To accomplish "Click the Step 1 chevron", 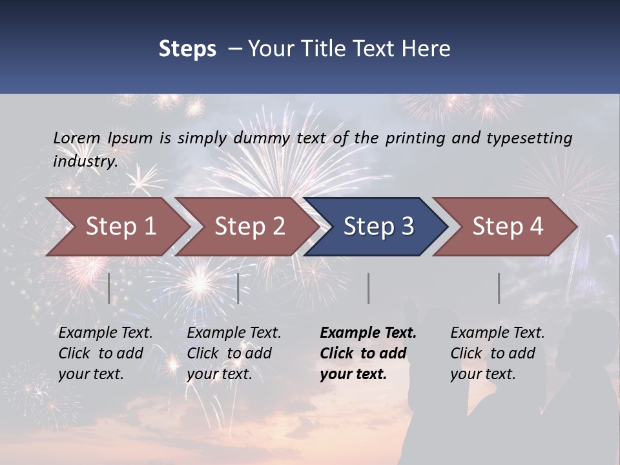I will tap(120, 227).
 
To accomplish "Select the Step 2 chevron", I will tap(249, 227).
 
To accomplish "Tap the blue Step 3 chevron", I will tap(378, 227).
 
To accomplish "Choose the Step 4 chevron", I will tap(507, 227).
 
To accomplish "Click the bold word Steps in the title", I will tap(187, 49).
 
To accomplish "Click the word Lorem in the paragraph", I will tap(77, 138).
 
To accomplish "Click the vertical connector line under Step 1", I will tap(109, 288).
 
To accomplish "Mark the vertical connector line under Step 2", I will tap(238, 288).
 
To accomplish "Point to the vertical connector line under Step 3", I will tap(369, 288).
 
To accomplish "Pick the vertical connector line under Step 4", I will tap(499, 288).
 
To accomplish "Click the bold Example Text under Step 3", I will tap(368, 333).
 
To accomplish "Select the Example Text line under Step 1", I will tap(105, 333).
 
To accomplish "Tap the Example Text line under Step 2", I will tap(234, 333).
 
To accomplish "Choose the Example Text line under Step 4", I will tap(497, 333).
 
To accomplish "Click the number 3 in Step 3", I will tap(407, 227).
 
